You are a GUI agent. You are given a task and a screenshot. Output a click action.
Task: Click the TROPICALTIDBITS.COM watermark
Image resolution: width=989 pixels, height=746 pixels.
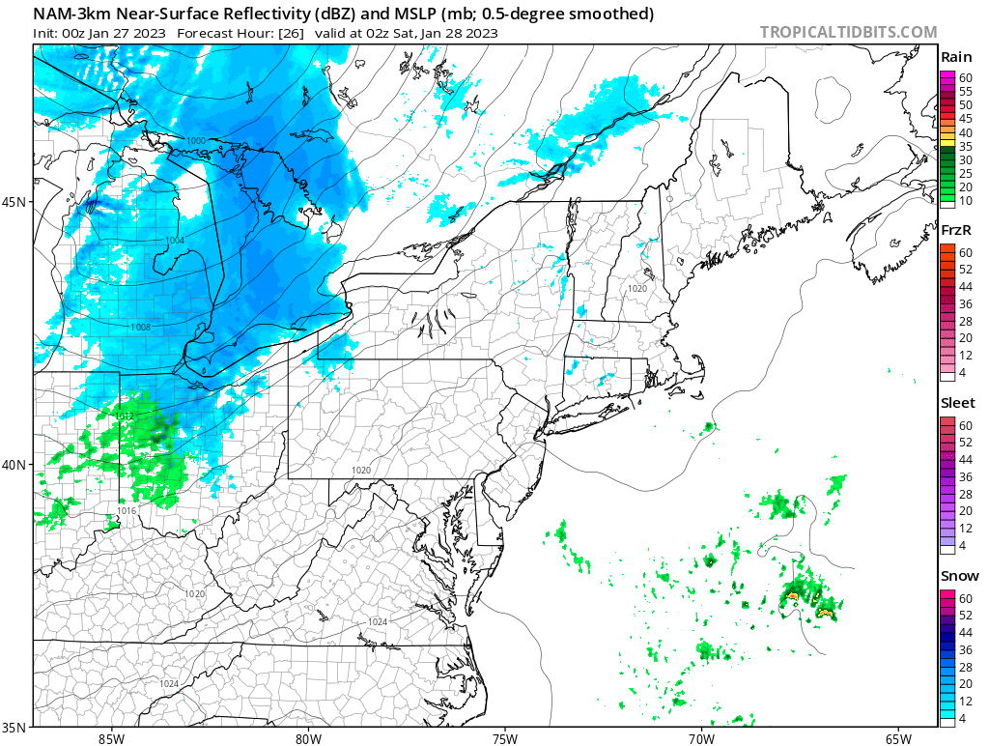[848, 32]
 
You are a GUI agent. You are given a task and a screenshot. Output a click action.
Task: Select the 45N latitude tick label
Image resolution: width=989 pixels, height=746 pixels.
[15, 202]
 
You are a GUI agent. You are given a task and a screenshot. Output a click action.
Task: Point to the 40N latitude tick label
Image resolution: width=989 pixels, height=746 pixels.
[15, 464]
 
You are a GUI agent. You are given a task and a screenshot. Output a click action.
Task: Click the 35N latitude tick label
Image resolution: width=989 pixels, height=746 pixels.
[15, 727]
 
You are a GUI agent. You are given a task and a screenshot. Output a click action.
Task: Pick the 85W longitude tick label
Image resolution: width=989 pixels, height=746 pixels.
[111, 738]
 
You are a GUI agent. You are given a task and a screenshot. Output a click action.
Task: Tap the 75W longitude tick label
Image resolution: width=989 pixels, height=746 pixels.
[504, 738]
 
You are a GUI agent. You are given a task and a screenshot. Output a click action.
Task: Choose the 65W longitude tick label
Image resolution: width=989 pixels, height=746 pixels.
[898, 738]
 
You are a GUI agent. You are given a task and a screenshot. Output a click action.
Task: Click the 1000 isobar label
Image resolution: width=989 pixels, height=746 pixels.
[195, 141]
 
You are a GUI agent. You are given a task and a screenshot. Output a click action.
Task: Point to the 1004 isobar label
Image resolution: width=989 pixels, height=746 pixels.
[175, 241]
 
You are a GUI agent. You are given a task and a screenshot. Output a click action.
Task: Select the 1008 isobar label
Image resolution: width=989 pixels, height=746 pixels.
[141, 328]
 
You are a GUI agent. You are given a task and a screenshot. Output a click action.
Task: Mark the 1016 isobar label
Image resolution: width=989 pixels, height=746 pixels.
[127, 510]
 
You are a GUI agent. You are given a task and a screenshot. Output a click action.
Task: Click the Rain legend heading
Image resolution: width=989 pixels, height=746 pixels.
[955, 57]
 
